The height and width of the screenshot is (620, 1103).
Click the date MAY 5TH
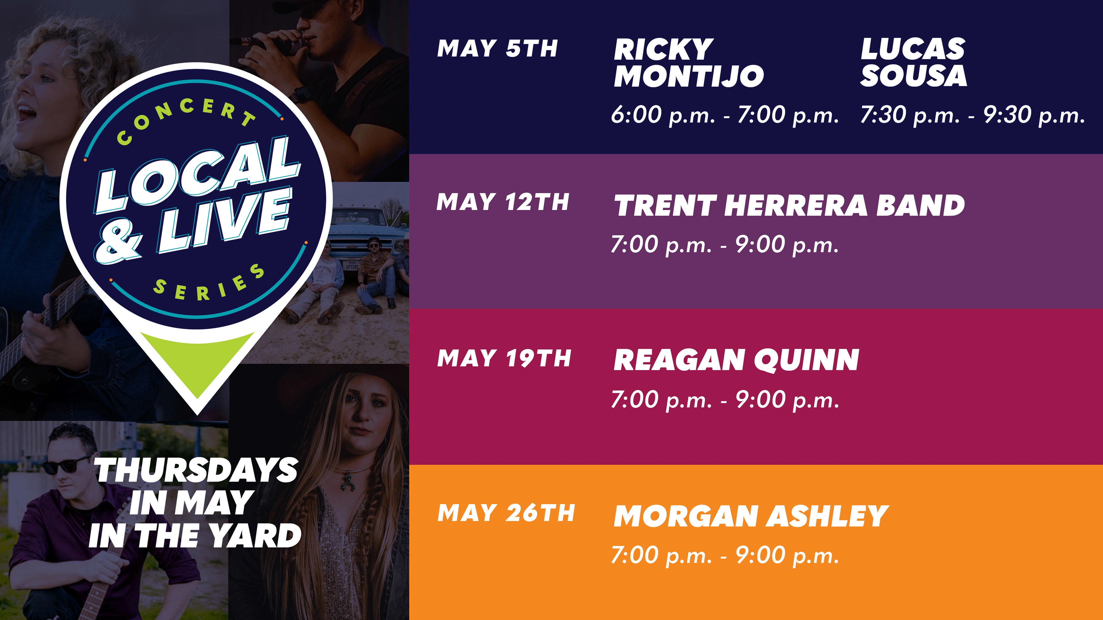point(497,48)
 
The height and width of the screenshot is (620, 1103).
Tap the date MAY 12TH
point(503,202)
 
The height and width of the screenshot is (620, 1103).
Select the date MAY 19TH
point(504,358)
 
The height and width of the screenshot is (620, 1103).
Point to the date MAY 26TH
point(506,513)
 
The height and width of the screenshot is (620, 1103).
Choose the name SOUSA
point(913,76)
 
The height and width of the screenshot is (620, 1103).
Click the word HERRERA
point(796,206)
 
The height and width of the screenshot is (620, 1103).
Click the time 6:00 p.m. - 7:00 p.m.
point(724,115)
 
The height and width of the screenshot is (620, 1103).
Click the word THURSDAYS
point(196,470)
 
